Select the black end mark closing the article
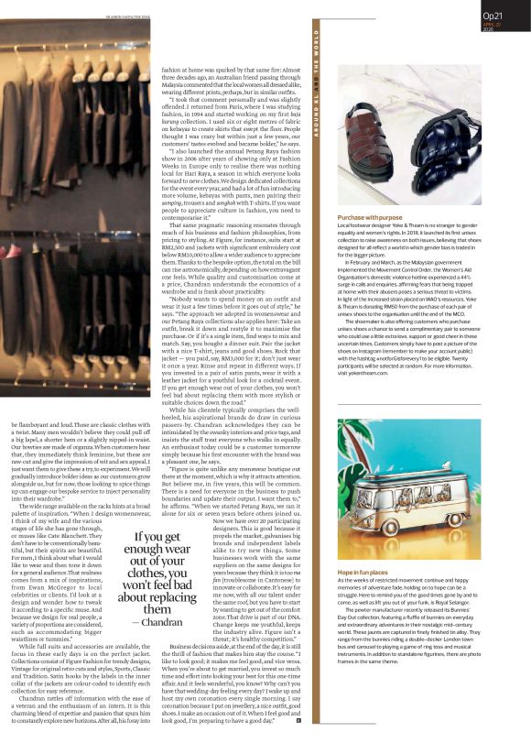point(298,720)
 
